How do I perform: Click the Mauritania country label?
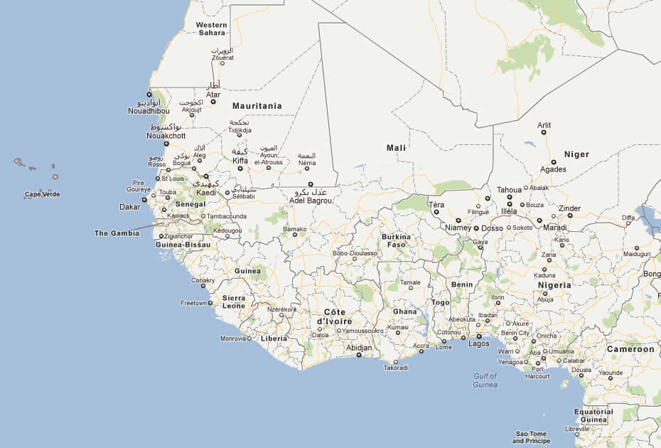tap(257, 106)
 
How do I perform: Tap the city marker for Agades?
tap(554, 162)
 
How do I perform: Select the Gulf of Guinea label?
tap(485, 380)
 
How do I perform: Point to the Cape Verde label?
tap(42, 194)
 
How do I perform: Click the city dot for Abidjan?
tap(359, 355)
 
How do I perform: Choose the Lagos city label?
tap(479, 344)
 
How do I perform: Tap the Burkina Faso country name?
tap(396, 240)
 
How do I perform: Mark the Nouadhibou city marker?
tap(149, 94)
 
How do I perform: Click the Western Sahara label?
tap(211, 28)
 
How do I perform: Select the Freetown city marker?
tap(211, 303)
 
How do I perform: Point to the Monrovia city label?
tap(232, 338)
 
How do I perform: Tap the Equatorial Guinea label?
tap(593, 415)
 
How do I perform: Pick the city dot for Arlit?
tap(544, 132)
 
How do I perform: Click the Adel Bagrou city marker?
tap(311, 184)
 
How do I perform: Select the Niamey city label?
tap(458, 228)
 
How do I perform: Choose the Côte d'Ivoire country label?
tap(334, 316)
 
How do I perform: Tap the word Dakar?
tap(129, 207)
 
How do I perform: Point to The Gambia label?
tap(117, 233)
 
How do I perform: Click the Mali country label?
tap(396, 148)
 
